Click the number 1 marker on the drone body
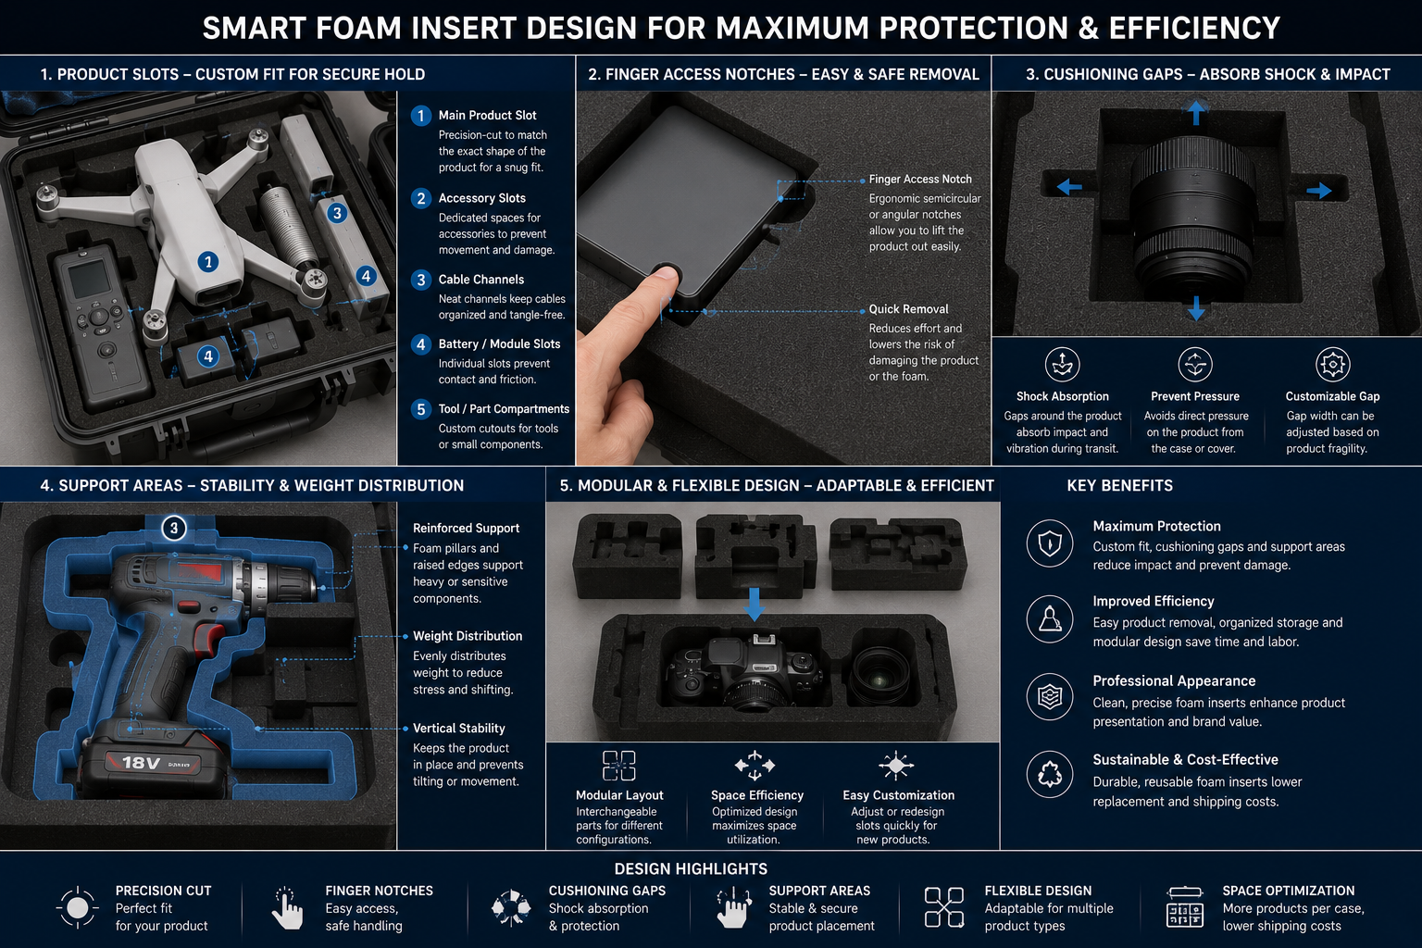[x=207, y=262]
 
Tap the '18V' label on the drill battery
[x=141, y=762]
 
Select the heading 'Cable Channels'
[x=481, y=280]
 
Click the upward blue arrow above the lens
[x=1196, y=112]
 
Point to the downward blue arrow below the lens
[x=1196, y=308]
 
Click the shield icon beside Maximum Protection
[x=1049, y=543]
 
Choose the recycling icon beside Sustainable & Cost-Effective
[x=1049, y=775]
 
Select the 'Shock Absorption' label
[x=1062, y=396]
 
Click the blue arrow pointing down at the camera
[x=754, y=604]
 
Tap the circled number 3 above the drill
[x=174, y=528]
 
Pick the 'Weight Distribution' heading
[x=468, y=636]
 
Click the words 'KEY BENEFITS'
[x=1120, y=486]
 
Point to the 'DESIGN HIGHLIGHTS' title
[x=691, y=868]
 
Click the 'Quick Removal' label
[x=908, y=309]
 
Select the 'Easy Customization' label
[x=898, y=795]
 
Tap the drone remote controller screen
[x=89, y=279]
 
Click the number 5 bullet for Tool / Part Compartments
[x=420, y=409]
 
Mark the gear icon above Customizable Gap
[x=1332, y=365]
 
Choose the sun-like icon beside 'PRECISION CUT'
[x=78, y=908]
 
